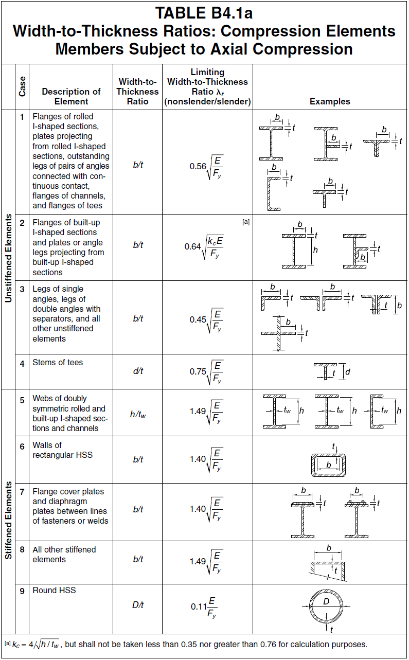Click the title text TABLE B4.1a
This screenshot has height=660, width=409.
204,12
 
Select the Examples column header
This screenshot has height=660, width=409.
330,101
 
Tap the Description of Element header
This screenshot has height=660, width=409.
71,96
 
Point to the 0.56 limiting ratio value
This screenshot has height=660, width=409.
198,166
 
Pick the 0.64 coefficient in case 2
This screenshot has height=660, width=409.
193,246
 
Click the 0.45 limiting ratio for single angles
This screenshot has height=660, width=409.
198,319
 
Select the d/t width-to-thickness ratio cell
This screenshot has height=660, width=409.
137,371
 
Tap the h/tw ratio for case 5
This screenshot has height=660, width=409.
137,414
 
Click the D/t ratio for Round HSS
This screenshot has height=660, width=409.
137,605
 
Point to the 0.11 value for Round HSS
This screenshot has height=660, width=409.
198,607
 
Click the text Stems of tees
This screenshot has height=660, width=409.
58,363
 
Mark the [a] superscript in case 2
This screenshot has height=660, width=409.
246,222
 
